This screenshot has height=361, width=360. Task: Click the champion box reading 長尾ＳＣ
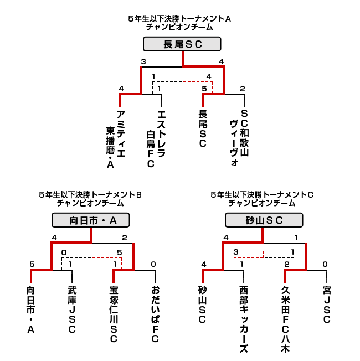[x=182, y=44]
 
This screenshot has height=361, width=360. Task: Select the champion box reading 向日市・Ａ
[x=90, y=220]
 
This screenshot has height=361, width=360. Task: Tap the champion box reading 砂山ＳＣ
[x=264, y=220]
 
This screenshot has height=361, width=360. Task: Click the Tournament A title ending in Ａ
[x=179, y=19]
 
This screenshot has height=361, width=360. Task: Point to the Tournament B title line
[x=90, y=195]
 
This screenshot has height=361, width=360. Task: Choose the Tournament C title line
[x=262, y=195]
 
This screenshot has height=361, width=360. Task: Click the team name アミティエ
[x=121, y=134]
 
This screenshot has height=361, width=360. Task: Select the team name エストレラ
[x=161, y=134]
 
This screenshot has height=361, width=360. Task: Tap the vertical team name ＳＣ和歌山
[x=244, y=133]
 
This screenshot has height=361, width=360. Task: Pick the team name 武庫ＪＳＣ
[x=72, y=310]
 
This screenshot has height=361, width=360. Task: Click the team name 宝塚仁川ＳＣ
[x=114, y=314]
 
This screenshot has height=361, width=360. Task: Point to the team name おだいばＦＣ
[x=155, y=314]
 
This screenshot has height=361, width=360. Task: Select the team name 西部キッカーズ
[x=244, y=319]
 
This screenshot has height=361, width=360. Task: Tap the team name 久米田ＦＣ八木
[x=285, y=319]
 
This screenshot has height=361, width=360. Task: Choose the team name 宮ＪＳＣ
[x=327, y=305]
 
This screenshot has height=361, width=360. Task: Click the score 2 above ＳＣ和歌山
[x=242, y=89]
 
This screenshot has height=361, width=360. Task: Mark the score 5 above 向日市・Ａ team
[x=32, y=264]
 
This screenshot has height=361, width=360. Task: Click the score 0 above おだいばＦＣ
[x=153, y=264]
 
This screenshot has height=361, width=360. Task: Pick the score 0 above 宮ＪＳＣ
[x=325, y=264]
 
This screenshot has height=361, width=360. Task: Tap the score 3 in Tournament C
[x=235, y=252]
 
